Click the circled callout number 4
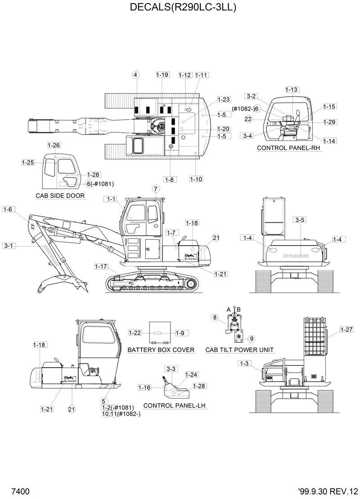136,75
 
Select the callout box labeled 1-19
162,75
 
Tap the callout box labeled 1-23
224,99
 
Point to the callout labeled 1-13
292,90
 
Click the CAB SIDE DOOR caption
60,196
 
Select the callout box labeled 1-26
54,145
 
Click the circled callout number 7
156,189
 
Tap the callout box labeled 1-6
9,209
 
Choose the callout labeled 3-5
300,220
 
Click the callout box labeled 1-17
101,266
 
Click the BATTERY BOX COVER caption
161,350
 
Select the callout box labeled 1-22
135,333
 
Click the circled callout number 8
215,318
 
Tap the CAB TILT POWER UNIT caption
239,350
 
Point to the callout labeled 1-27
334,329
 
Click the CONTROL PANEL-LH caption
171,405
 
